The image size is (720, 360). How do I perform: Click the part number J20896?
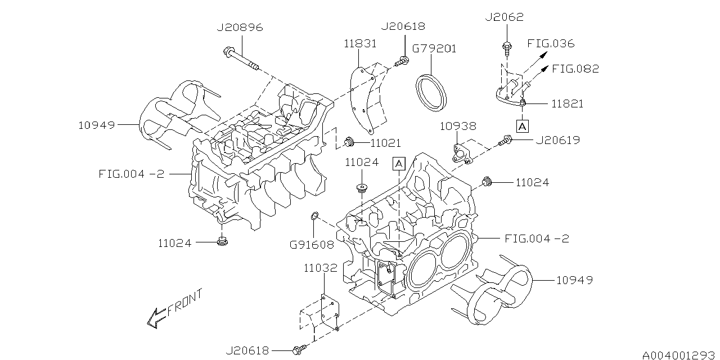(240, 26)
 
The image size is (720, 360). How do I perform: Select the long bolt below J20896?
(241, 60)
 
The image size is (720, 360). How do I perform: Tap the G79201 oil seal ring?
(432, 89)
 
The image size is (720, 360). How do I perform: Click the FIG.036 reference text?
(551, 43)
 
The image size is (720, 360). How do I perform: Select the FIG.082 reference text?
(575, 69)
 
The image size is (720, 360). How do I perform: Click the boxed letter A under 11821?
(523, 126)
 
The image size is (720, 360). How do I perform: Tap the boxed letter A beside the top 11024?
(399, 164)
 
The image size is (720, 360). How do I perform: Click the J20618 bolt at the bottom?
(298, 350)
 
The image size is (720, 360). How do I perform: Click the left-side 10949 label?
(96, 125)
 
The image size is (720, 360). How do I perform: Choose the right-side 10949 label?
(574, 280)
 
